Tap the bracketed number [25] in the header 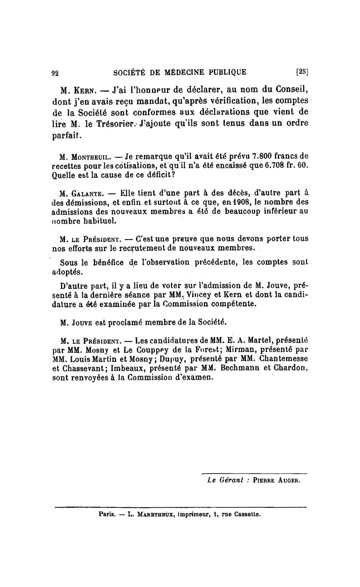pyautogui.click(x=301, y=71)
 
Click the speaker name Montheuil pyautogui.click(x=90, y=158)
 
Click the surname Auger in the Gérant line pyautogui.click(x=286, y=480)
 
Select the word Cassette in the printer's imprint pyautogui.click(x=247, y=514)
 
